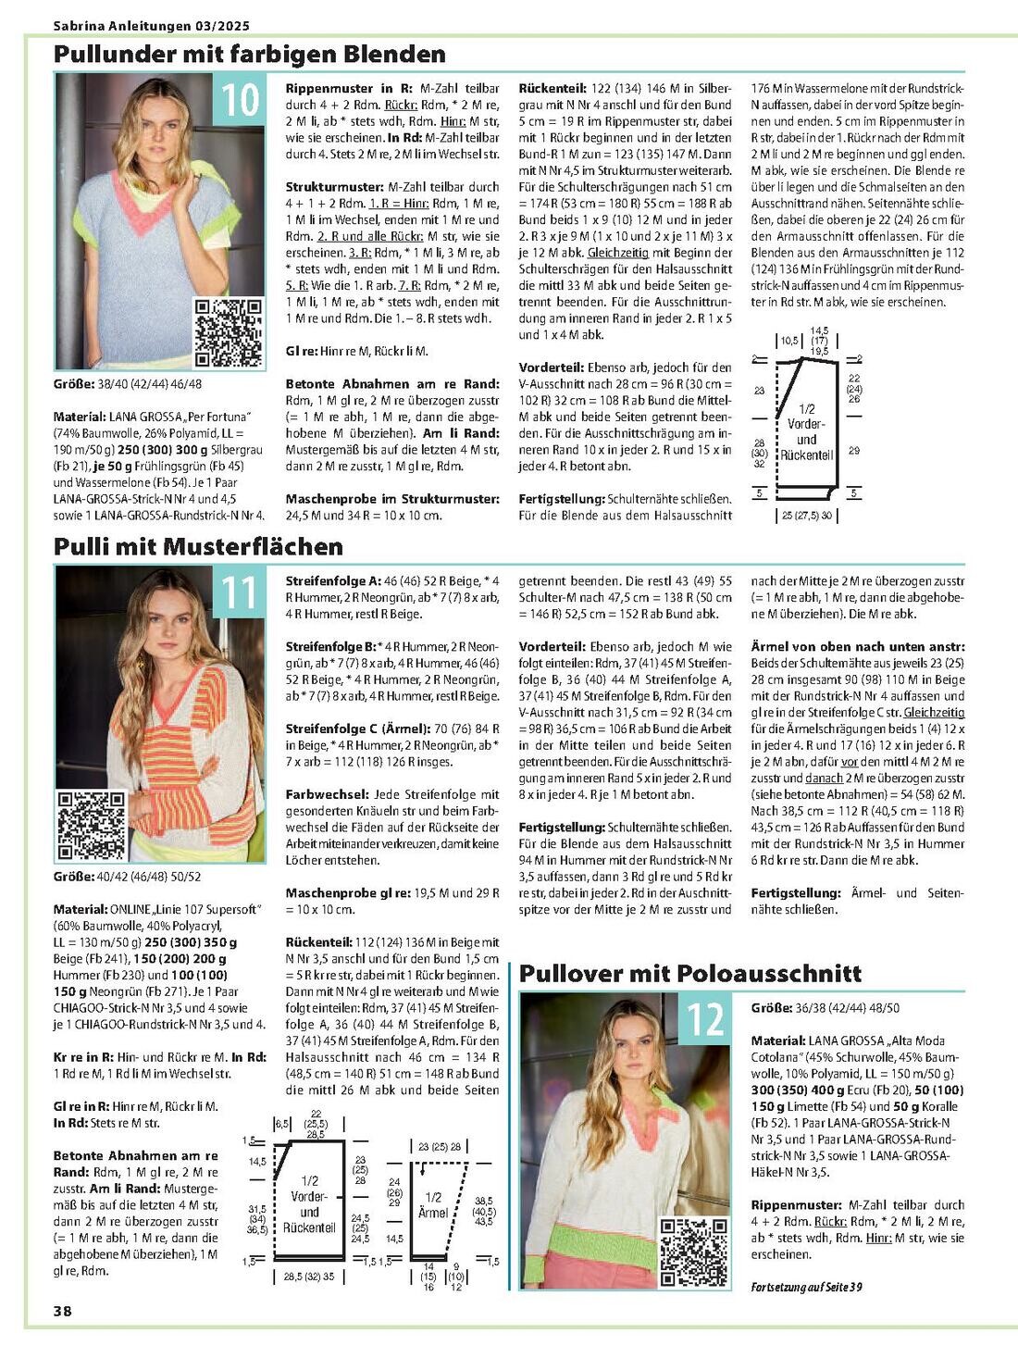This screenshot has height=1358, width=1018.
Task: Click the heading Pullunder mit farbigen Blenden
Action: (249, 54)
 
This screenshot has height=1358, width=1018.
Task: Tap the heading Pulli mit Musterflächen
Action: (198, 546)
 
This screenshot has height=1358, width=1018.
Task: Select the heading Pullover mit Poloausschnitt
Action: (689, 973)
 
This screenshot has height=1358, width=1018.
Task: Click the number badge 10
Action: (240, 99)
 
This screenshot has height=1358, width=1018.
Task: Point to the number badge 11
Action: (240, 592)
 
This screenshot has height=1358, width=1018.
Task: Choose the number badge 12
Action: (704, 1019)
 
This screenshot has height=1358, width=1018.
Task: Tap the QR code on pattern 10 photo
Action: (228, 332)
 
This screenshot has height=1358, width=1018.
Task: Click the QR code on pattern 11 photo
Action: (91, 824)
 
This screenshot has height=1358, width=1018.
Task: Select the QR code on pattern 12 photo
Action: (693, 1252)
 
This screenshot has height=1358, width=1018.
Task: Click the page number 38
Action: (63, 1311)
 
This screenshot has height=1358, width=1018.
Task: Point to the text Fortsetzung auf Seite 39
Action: (807, 1287)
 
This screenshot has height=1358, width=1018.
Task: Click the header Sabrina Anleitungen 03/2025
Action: (151, 26)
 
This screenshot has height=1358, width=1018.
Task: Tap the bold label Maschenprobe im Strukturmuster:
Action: (392, 499)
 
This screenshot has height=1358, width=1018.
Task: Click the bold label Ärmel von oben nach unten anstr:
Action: (857, 647)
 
